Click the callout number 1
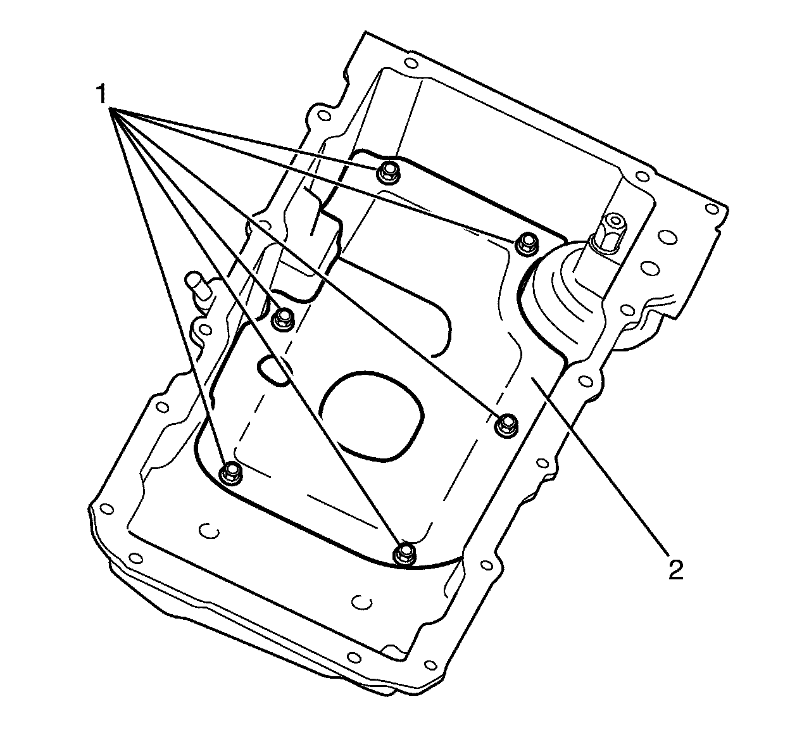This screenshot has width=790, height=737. [100, 96]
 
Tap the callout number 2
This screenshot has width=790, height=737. [675, 569]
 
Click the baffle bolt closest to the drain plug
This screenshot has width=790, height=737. [525, 244]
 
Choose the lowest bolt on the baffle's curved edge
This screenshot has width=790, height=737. [403, 551]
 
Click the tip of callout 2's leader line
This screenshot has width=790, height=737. [532, 379]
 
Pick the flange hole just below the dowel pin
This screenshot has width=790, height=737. [203, 329]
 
